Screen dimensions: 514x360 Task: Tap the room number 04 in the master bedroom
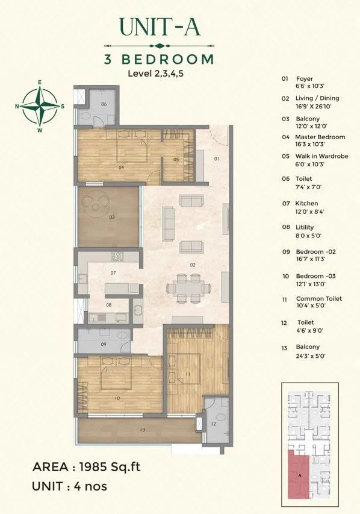(121, 167)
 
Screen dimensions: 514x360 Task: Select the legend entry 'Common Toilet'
(318, 299)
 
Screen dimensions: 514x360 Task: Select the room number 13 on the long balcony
(142, 430)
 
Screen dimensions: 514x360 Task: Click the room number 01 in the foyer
(217, 160)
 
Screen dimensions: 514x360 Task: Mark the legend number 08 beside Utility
(285, 227)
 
